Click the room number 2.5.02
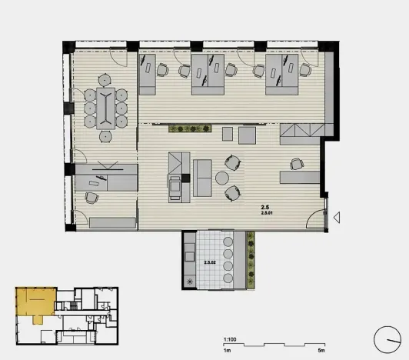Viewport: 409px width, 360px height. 208,262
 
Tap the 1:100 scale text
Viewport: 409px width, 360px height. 228,339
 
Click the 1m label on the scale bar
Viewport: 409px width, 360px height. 228,350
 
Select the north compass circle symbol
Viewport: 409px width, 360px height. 387,340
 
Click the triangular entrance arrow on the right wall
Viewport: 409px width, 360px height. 336,219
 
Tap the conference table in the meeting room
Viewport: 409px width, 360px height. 103,107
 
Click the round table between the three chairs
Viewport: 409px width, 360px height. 222,178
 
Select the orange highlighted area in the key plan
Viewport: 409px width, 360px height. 35,304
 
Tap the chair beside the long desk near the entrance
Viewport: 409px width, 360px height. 296,164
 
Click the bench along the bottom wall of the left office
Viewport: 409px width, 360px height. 111,223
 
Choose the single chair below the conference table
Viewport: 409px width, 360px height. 106,136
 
